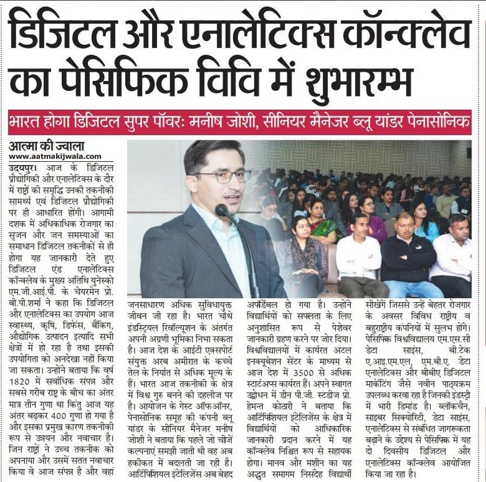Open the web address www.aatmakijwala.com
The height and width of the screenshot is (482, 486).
54,157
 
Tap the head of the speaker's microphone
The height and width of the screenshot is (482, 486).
222,210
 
